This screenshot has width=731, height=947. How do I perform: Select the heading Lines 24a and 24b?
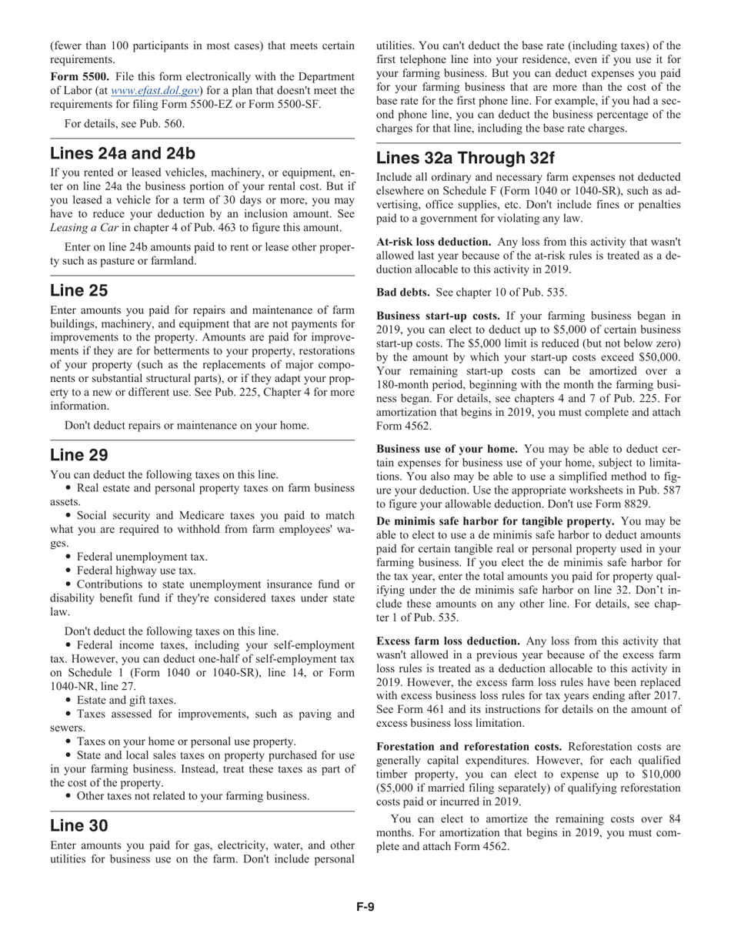point(122,152)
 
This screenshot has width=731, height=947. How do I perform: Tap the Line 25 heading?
point(78,290)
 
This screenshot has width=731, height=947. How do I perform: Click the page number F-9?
point(365,906)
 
